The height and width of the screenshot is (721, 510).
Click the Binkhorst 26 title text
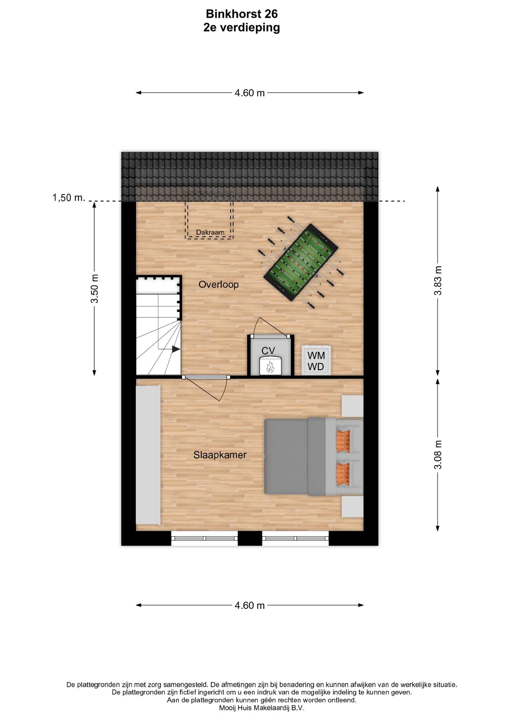(242, 14)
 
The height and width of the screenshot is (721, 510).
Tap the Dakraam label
(210, 232)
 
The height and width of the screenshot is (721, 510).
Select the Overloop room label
(218, 284)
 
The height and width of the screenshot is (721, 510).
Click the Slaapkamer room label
(220, 455)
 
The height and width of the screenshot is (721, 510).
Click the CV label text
(268, 351)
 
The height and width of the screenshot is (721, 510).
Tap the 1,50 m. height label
(69, 198)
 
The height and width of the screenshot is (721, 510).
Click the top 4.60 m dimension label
(250, 93)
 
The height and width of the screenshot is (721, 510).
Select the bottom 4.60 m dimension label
(250, 606)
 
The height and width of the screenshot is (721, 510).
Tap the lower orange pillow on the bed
(343, 474)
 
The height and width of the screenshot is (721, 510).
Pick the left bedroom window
(205, 538)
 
